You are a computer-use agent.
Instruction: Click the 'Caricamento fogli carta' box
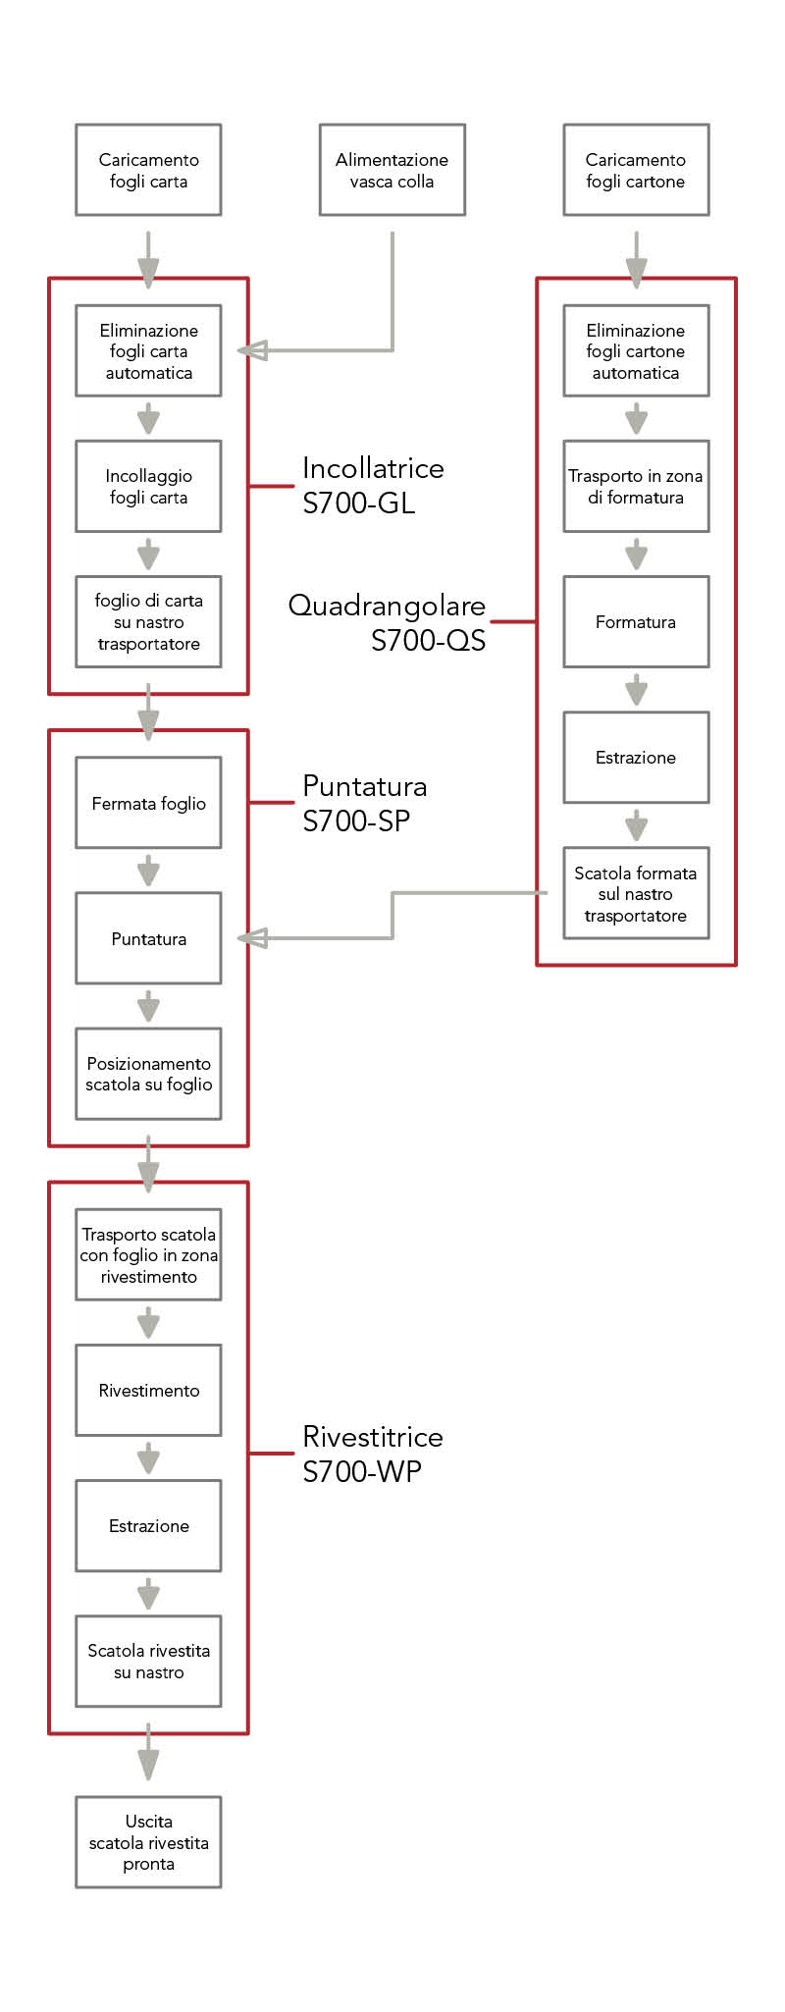pyautogui.click(x=148, y=170)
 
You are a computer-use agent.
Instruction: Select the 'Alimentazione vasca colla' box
pyautogui.click(x=392, y=170)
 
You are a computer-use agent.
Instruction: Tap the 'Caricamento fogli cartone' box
pyautogui.click(x=636, y=170)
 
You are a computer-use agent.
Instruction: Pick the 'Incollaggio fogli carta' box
pyautogui.click(x=148, y=486)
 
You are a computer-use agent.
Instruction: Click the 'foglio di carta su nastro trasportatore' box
pyautogui.click(x=148, y=621)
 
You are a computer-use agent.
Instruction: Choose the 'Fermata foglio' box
pyautogui.click(x=148, y=803)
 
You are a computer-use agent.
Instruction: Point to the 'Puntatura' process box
pyautogui.click(x=148, y=938)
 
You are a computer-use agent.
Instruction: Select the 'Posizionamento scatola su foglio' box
pyautogui.click(x=148, y=1074)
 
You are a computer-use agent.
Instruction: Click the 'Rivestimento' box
pyautogui.click(x=148, y=1390)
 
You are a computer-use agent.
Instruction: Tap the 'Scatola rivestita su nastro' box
pyautogui.click(x=148, y=1661)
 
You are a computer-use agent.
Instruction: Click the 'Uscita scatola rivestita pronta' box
pyautogui.click(x=148, y=1842)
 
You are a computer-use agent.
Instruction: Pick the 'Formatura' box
pyautogui.click(x=636, y=621)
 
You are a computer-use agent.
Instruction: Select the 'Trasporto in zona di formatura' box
pyautogui.click(x=636, y=486)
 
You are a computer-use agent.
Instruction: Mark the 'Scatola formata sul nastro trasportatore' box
pyautogui.click(x=636, y=893)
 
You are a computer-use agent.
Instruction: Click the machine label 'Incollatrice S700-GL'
pyautogui.click(x=372, y=485)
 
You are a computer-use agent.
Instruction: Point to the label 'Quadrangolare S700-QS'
pyautogui.click(x=388, y=622)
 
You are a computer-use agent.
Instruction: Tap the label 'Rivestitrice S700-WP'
pyautogui.click(x=372, y=1454)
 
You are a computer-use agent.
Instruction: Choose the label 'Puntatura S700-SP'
pyautogui.click(x=364, y=803)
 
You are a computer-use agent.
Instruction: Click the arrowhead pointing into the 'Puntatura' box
pyautogui.click(x=253, y=938)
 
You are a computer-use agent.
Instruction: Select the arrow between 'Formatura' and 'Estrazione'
pyautogui.click(x=636, y=689)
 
